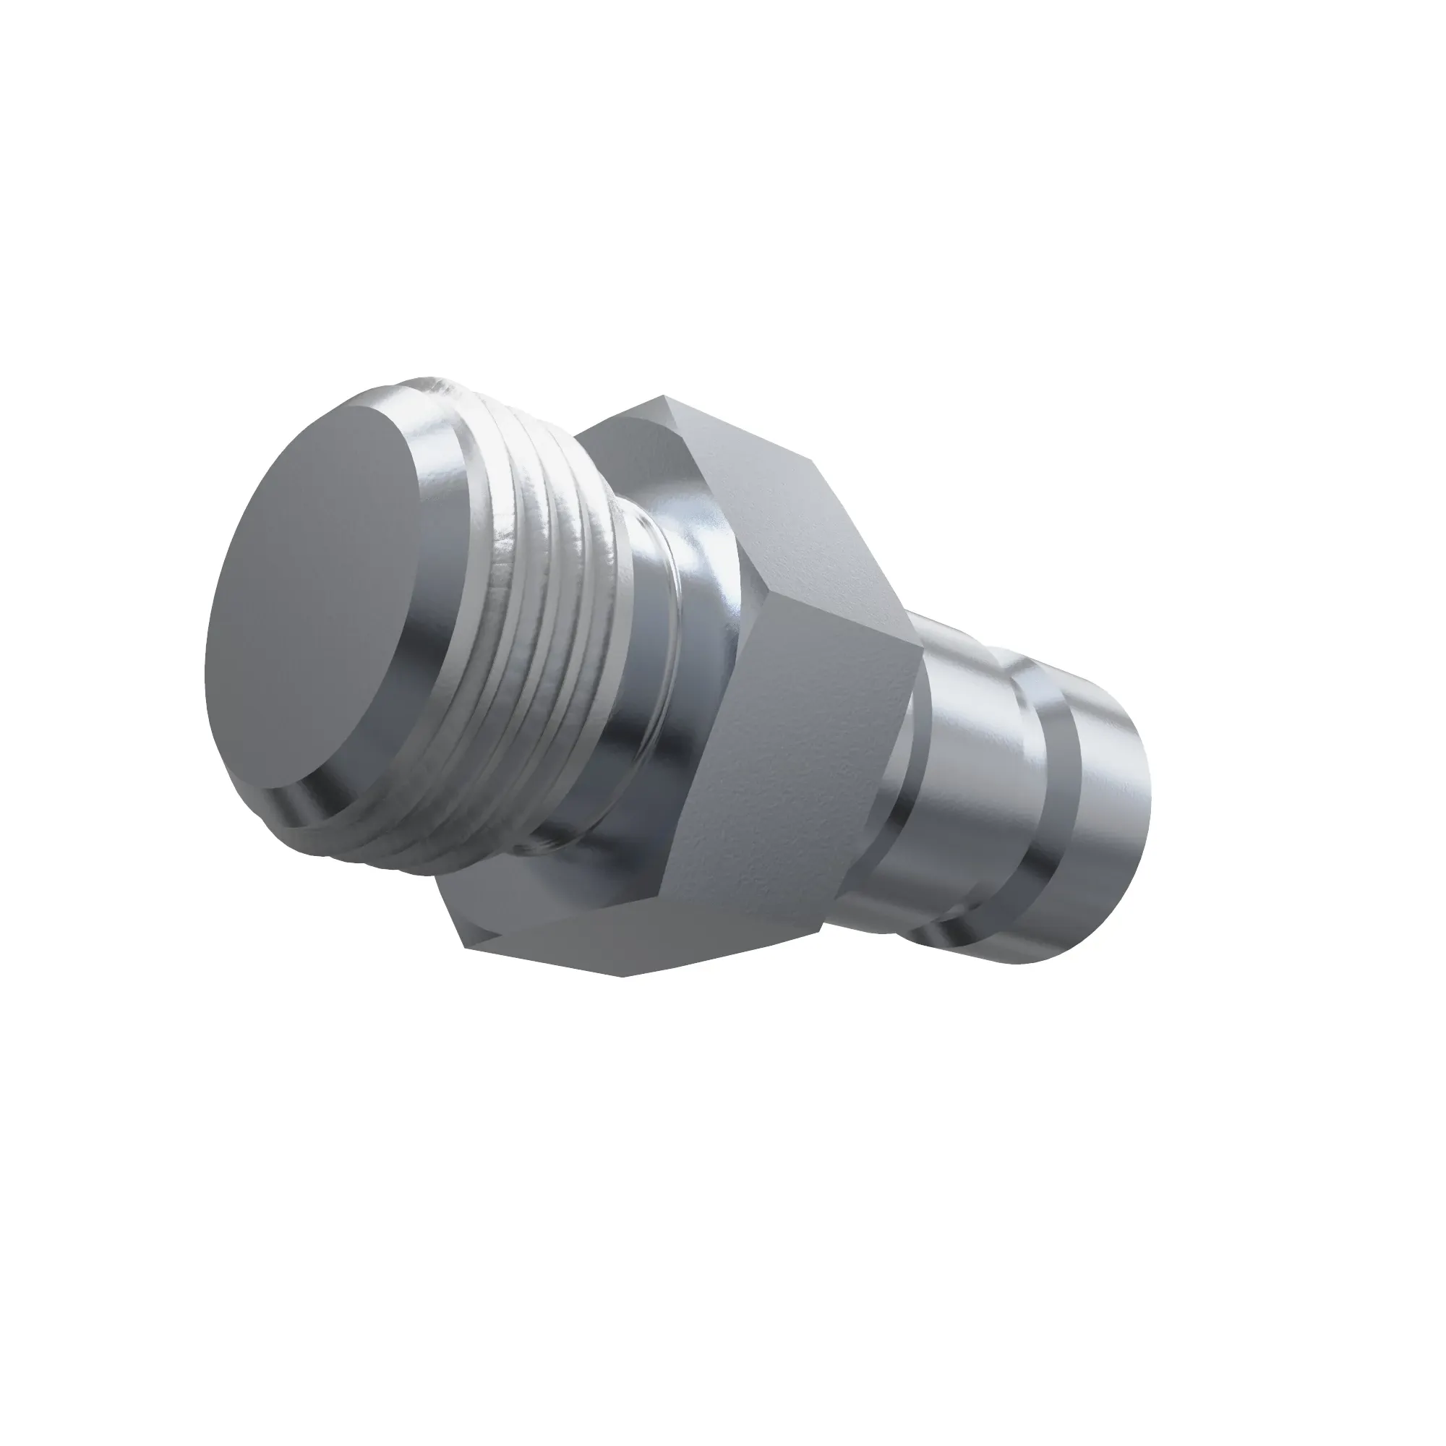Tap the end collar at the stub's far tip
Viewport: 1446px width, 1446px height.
coord(1108,808)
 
